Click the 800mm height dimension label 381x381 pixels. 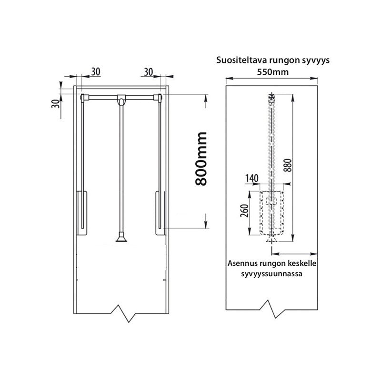pyautogui.click(x=201, y=159)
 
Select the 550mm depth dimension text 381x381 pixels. pyautogui.click(x=272, y=72)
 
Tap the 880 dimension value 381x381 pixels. pyautogui.click(x=288, y=165)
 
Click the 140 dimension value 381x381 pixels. pyautogui.click(x=252, y=178)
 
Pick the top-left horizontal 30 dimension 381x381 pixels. pyautogui.click(x=96, y=72)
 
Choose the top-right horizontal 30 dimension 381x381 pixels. pyautogui.click(x=149, y=72)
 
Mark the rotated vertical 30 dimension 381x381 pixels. pyautogui.click(x=56, y=104)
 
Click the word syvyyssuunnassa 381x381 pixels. pyautogui.click(x=271, y=274)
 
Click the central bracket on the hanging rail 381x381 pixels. pyautogui.click(x=121, y=100)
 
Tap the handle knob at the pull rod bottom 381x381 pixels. pyautogui.click(x=121, y=237)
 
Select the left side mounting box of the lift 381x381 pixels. pyautogui.click(x=82, y=213)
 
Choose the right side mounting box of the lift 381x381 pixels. pyautogui.click(x=160, y=213)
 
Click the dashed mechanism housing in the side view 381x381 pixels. pyautogui.click(x=271, y=213)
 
